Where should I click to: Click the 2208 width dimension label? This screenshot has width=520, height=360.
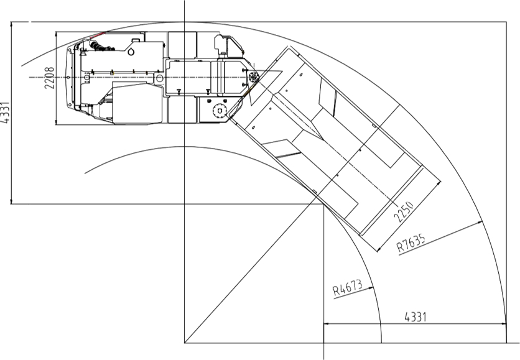49,78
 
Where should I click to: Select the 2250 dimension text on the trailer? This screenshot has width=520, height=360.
404,211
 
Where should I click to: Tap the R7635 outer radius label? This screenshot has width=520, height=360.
411,243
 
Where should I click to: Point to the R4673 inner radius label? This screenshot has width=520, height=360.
348,288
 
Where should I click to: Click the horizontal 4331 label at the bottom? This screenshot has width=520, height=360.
416,317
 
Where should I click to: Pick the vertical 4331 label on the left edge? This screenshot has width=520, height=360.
5,113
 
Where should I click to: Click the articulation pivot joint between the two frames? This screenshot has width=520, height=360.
254,77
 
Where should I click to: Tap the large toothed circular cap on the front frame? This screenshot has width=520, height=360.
219,111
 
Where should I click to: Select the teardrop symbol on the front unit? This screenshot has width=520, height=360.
132,52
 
